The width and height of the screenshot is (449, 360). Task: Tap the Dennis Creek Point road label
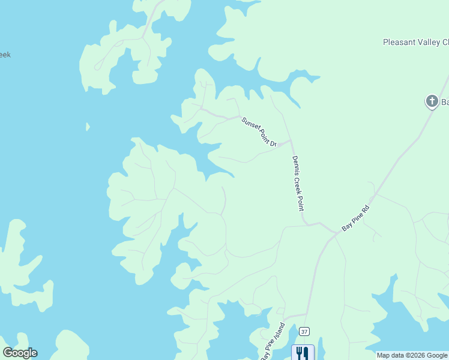pyautogui.click(x=297, y=183)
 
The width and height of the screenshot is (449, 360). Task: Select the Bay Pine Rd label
pyautogui.click(x=354, y=219)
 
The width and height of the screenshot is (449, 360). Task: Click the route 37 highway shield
pyautogui.click(x=305, y=331)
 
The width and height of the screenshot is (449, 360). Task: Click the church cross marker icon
pyautogui.click(x=432, y=101)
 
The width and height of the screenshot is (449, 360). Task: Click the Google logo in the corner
pyautogui.click(x=20, y=353)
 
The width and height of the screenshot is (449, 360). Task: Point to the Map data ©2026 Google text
pyautogui.click(x=412, y=355)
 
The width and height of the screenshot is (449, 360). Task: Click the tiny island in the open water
pyautogui.click(x=88, y=127)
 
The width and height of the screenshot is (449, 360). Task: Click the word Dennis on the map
pyautogui.click(x=295, y=164)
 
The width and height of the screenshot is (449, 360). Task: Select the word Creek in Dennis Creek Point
pyautogui.click(x=297, y=183)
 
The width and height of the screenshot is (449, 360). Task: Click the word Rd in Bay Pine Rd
pyautogui.click(x=364, y=211)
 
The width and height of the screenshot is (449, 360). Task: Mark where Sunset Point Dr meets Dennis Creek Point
pyautogui.click(x=291, y=141)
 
